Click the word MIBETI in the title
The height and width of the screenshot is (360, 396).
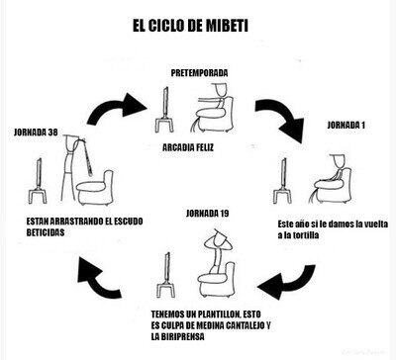[227, 26]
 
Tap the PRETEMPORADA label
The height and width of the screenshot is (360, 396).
[199, 73]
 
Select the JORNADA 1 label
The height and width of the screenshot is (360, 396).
[346, 125]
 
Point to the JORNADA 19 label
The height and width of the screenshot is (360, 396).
[207, 214]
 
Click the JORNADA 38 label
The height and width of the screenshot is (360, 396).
[36, 133]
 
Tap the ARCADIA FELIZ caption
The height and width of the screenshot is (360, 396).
[188, 147]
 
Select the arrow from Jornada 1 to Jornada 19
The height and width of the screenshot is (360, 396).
[287, 283]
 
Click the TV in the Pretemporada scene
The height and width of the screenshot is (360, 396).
[164, 110]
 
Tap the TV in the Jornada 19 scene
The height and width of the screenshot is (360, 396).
[166, 275]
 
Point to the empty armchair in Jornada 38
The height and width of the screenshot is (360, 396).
[96, 187]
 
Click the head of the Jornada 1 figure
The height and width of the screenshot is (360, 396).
[338, 160]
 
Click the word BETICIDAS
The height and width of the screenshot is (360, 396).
[46, 232]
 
